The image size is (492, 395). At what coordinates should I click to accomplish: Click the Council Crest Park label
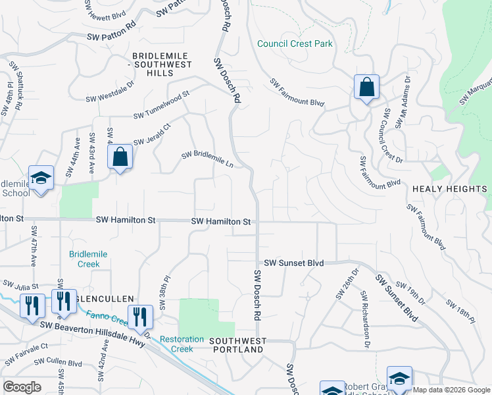[295, 44]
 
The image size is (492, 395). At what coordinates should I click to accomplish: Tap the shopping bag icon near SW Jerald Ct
[120, 157]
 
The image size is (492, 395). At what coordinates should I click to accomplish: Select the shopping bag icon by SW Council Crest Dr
[366, 88]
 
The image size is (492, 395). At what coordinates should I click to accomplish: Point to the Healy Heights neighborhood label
[449, 189]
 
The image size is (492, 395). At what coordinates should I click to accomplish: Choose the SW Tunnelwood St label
[161, 105]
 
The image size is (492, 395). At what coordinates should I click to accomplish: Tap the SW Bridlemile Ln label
[208, 159]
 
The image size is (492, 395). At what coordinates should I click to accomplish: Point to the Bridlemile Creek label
[88, 259]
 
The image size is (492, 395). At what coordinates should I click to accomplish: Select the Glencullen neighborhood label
[99, 298]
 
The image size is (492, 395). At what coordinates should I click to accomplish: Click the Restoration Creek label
[182, 344]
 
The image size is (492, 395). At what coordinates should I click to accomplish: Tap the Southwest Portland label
[238, 345]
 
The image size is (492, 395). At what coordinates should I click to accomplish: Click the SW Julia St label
[20, 286]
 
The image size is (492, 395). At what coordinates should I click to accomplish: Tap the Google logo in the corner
[22, 387]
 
